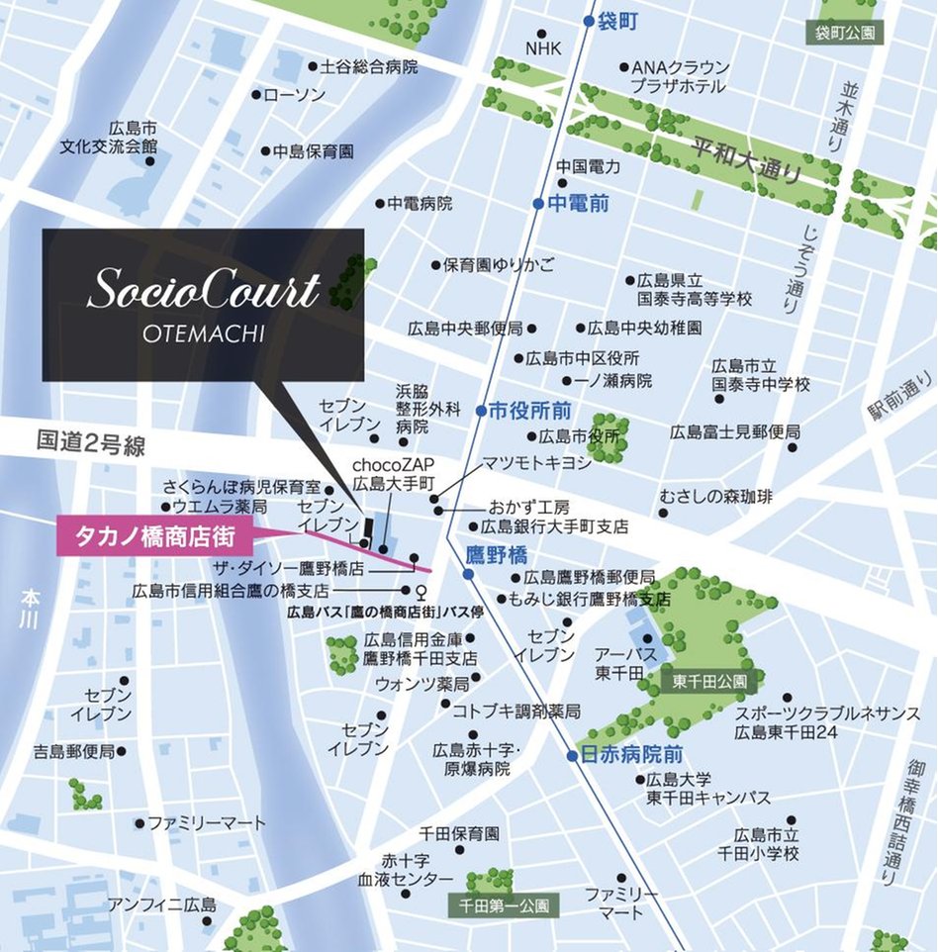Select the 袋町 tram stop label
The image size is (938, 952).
click(x=618, y=21)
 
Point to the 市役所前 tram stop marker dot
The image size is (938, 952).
click(x=480, y=410)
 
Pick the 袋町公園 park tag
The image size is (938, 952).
click(x=845, y=33)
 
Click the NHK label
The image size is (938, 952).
click(x=542, y=48)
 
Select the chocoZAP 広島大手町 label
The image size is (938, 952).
click(x=394, y=473)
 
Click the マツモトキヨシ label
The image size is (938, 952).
click(x=535, y=462)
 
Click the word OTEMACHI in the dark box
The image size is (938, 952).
click(x=203, y=333)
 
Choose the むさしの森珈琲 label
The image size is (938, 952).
click(x=716, y=497)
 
